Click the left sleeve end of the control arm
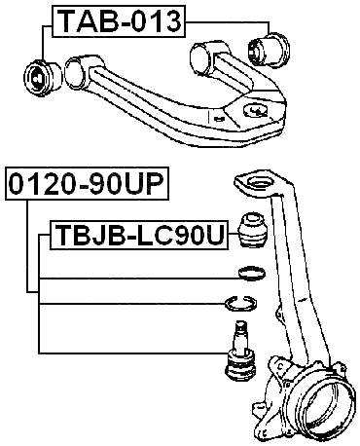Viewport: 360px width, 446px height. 75,70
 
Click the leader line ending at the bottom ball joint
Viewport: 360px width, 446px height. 126,351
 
